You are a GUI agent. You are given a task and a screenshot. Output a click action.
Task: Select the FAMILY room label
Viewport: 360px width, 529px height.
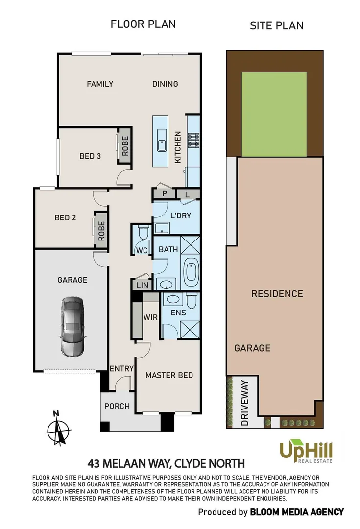100,84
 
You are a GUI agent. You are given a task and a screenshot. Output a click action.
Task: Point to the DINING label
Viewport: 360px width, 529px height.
165,84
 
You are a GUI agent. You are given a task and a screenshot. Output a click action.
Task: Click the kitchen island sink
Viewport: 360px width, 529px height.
162,144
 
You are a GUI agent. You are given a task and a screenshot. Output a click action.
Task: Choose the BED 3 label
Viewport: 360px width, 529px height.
90,156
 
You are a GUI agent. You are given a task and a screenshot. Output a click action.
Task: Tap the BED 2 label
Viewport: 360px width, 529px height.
65,217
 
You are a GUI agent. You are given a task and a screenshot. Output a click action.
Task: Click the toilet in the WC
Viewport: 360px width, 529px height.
143,233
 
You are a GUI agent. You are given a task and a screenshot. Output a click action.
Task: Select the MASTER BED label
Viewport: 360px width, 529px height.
169,375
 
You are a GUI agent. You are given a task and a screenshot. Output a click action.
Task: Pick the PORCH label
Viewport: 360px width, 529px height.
117,406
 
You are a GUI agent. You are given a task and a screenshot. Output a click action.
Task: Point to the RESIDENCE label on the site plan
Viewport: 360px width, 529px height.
277,294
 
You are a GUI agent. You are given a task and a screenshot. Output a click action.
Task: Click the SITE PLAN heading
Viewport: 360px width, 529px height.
276,25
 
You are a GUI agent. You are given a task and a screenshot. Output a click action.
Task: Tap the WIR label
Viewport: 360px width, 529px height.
150,317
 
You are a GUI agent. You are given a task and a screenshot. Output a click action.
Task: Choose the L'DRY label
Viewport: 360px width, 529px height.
180,216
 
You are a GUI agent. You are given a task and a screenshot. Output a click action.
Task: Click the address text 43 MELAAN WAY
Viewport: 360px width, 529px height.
127,463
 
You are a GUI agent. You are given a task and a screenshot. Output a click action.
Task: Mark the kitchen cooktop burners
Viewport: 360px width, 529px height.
194,141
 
